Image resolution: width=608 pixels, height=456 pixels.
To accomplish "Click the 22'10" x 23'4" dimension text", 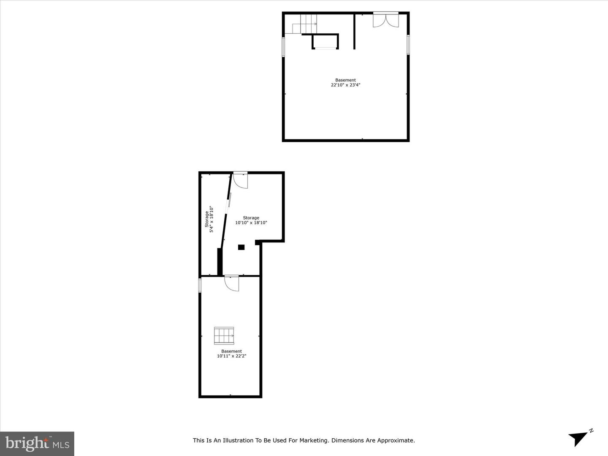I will (345, 85).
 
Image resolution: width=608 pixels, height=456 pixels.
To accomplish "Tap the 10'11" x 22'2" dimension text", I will (231, 356).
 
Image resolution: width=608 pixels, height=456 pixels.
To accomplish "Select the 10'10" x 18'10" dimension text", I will (251, 223).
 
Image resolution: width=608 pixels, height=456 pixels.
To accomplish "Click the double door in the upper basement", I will (385, 20).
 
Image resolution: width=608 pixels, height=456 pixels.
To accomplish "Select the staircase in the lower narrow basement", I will (224, 336).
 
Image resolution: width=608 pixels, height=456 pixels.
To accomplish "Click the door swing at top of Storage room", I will (241, 180).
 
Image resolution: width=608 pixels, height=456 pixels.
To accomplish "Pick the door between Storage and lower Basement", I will (232, 283).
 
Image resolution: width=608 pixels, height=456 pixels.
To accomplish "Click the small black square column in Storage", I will (241, 247).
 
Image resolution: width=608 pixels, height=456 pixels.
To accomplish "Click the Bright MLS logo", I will (37, 443).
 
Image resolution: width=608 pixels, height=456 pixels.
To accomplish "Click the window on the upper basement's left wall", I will (284, 46).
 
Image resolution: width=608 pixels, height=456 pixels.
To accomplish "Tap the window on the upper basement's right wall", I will (408, 44).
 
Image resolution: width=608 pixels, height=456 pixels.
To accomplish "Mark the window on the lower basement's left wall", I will (200, 285).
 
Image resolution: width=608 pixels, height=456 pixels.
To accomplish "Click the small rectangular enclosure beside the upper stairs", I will (325, 42).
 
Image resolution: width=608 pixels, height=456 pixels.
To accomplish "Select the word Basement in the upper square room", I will (345, 80).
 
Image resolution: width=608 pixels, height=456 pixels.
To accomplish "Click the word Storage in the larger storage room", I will (251, 218).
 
